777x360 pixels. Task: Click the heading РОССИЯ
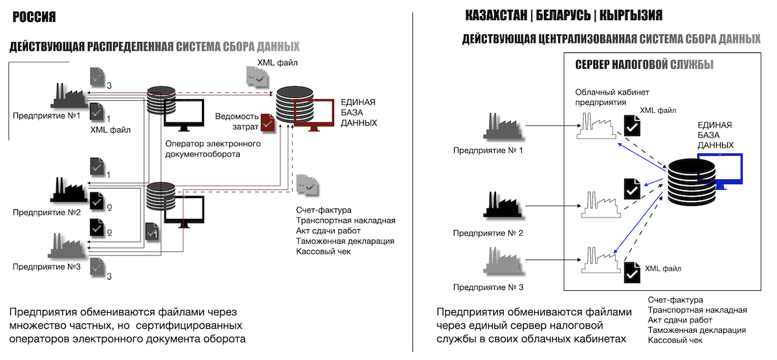[x=34, y=17]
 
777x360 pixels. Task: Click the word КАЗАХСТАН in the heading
[x=496, y=16]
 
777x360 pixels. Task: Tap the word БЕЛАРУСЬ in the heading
[x=563, y=16]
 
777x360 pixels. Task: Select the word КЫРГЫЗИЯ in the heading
[x=631, y=16]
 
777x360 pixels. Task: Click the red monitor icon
[x=314, y=115]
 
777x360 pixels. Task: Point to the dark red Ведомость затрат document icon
[x=267, y=122]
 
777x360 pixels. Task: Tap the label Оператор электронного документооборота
[x=213, y=149]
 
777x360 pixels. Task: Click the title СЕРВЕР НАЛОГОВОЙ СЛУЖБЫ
[x=644, y=65]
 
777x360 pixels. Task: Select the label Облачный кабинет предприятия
[x=612, y=97]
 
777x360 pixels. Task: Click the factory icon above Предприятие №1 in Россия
[x=69, y=95]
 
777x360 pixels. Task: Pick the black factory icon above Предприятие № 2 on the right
[x=502, y=205]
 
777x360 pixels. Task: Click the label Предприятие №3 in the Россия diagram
[x=47, y=267]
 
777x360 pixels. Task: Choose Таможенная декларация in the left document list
[x=345, y=241]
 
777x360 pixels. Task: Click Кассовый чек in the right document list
[x=675, y=340]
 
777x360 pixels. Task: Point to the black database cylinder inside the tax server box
[x=691, y=182]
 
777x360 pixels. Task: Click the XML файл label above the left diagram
[x=277, y=63]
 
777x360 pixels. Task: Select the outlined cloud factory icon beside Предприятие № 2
[x=601, y=205]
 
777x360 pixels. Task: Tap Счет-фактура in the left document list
[x=323, y=210]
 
